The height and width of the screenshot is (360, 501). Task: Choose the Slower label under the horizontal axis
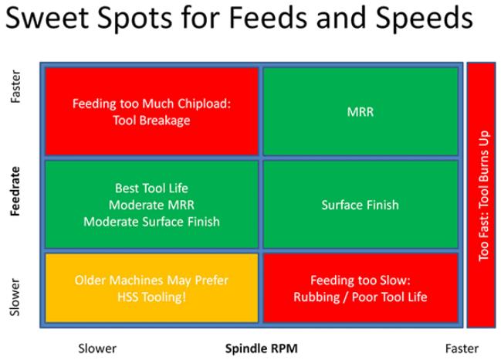(97, 348)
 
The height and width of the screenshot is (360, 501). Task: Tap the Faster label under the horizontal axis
(461, 348)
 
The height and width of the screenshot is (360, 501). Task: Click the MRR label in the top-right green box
(360, 112)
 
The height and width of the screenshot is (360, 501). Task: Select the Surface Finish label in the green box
(360, 205)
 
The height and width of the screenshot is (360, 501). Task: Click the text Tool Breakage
(151, 120)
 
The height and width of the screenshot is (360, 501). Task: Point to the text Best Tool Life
(151, 188)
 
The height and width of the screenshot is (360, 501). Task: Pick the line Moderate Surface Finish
(151, 222)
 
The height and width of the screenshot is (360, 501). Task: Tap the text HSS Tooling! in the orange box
(151, 297)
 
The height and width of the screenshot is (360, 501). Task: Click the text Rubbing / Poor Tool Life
(360, 297)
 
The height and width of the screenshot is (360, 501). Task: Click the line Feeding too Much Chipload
(151, 103)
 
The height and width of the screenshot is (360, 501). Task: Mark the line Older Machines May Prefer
(151, 280)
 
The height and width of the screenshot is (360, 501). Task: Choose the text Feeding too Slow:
(360, 280)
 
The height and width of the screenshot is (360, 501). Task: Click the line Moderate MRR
(151, 205)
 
